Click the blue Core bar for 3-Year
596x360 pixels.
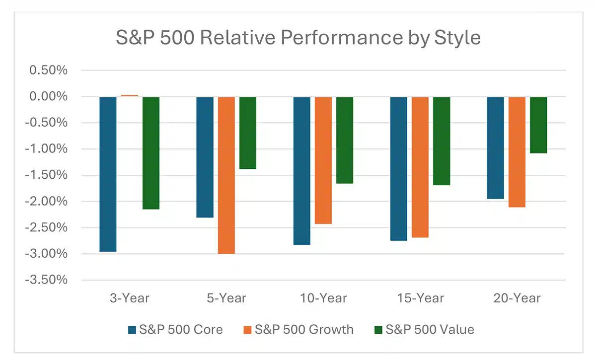[108, 174]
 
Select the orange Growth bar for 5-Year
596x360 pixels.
[226, 175]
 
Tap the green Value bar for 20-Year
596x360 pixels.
[538, 125]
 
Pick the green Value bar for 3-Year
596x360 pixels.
[151, 152]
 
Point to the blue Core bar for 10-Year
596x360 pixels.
[301, 170]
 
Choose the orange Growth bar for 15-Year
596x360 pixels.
[420, 167]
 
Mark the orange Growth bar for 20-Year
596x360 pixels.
[517, 151]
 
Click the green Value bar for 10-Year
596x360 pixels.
[345, 140]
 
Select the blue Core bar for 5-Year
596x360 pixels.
[205, 157]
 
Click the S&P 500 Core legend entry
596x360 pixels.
[175, 329]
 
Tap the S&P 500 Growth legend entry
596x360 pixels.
[298, 329]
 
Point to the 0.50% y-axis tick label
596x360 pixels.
[49, 70]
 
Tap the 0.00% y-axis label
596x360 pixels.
[49, 96]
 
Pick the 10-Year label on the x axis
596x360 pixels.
[323, 298]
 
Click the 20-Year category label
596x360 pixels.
[517, 298]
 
